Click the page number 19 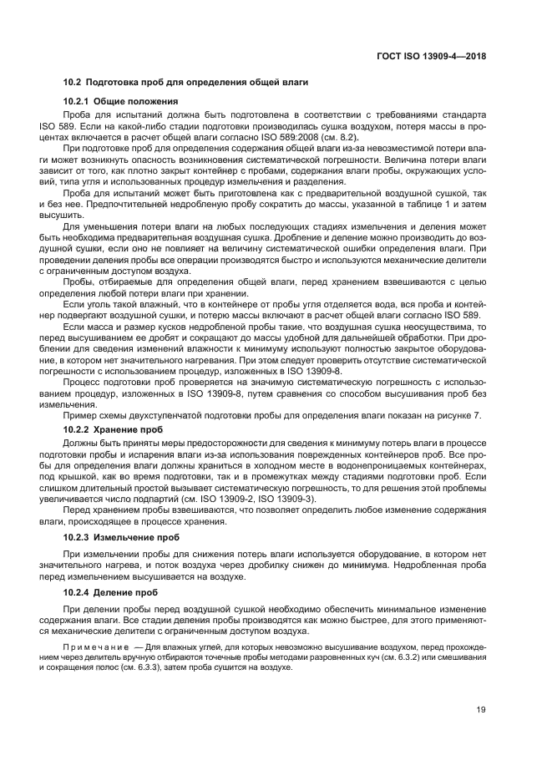(481, 710)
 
